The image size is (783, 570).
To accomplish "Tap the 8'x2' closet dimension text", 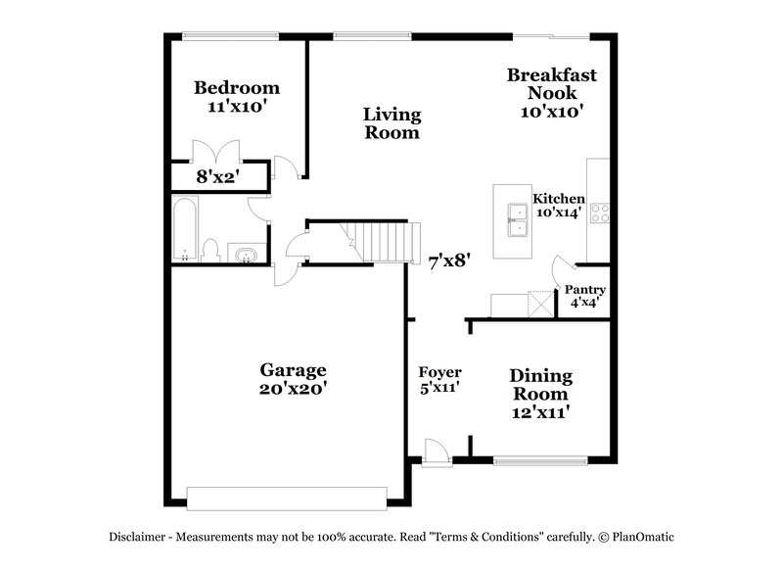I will pos(218,177).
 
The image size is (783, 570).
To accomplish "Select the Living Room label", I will pos(391,123).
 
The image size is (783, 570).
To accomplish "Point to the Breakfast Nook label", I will pos(551,92).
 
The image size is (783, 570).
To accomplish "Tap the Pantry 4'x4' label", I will pos(585,296).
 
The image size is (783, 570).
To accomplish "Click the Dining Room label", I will pos(540,394).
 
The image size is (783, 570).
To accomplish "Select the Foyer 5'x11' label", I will pos(439,379).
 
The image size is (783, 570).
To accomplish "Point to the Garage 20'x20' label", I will pos(293,378).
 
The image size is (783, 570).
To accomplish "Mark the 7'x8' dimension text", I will pos(451,261).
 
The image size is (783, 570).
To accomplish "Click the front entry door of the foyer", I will pos(436,451).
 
